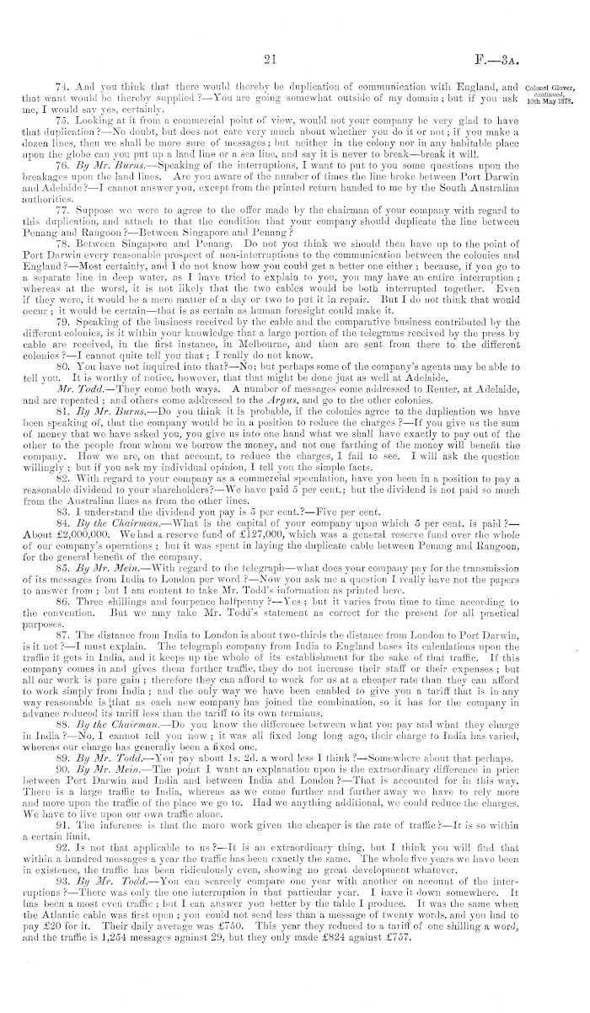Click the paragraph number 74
pyautogui.click(x=59, y=85)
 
